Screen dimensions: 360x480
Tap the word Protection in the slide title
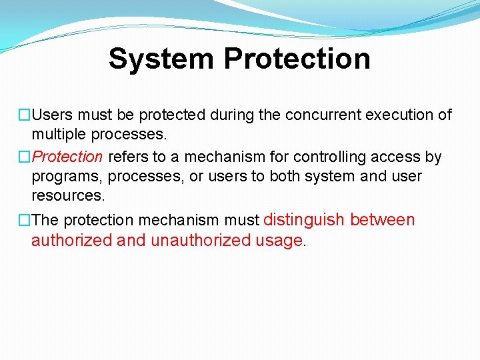(x=297, y=59)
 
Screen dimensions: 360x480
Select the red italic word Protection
(x=67, y=157)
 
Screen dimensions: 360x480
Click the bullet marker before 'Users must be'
(x=25, y=115)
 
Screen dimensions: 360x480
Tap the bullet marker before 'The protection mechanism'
(x=25, y=220)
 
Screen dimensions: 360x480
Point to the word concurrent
(x=321, y=115)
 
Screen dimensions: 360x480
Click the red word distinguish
(x=305, y=220)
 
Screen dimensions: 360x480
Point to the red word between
(x=382, y=220)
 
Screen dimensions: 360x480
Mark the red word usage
(x=279, y=241)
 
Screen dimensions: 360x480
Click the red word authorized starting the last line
(x=71, y=241)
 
